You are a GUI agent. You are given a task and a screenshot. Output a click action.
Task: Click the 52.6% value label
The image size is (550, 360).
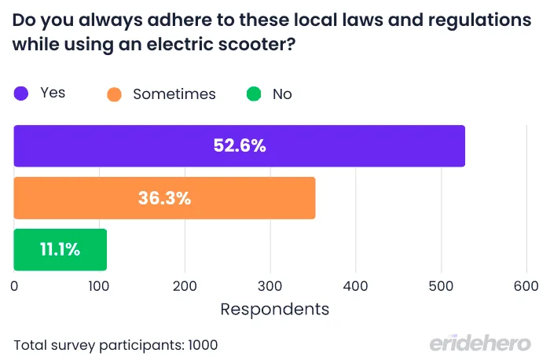(x=240, y=146)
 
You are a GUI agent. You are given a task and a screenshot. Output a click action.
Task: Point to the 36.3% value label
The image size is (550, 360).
(x=164, y=198)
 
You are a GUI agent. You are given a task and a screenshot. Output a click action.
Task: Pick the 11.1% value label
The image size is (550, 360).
(x=60, y=250)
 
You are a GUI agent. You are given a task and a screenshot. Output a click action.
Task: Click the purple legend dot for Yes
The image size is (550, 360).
(x=21, y=94)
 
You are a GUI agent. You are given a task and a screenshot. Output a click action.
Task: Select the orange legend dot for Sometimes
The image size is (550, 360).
(x=115, y=94)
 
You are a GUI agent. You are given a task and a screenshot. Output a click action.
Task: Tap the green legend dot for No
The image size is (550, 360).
(x=253, y=94)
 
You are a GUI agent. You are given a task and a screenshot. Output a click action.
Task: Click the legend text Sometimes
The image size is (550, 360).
(x=174, y=94)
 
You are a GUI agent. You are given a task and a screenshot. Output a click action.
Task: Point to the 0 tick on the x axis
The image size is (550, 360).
(x=14, y=287)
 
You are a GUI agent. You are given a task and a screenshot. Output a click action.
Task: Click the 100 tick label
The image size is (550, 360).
(x=99, y=287)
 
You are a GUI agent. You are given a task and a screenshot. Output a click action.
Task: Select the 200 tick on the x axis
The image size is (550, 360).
(x=185, y=287)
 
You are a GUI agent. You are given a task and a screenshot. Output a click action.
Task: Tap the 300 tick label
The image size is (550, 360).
(x=270, y=287)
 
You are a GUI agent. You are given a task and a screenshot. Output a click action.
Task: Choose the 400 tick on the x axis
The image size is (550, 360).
(x=356, y=287)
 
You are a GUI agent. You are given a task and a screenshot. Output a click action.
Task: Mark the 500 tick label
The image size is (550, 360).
(x=441, y=287)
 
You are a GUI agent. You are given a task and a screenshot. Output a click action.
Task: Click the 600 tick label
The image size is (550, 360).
(x=526, y=287)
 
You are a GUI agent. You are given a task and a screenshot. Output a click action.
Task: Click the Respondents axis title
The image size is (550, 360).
(x=274, y=309)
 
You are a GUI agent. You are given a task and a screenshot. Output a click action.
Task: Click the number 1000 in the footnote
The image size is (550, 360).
(x=202, y=344)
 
